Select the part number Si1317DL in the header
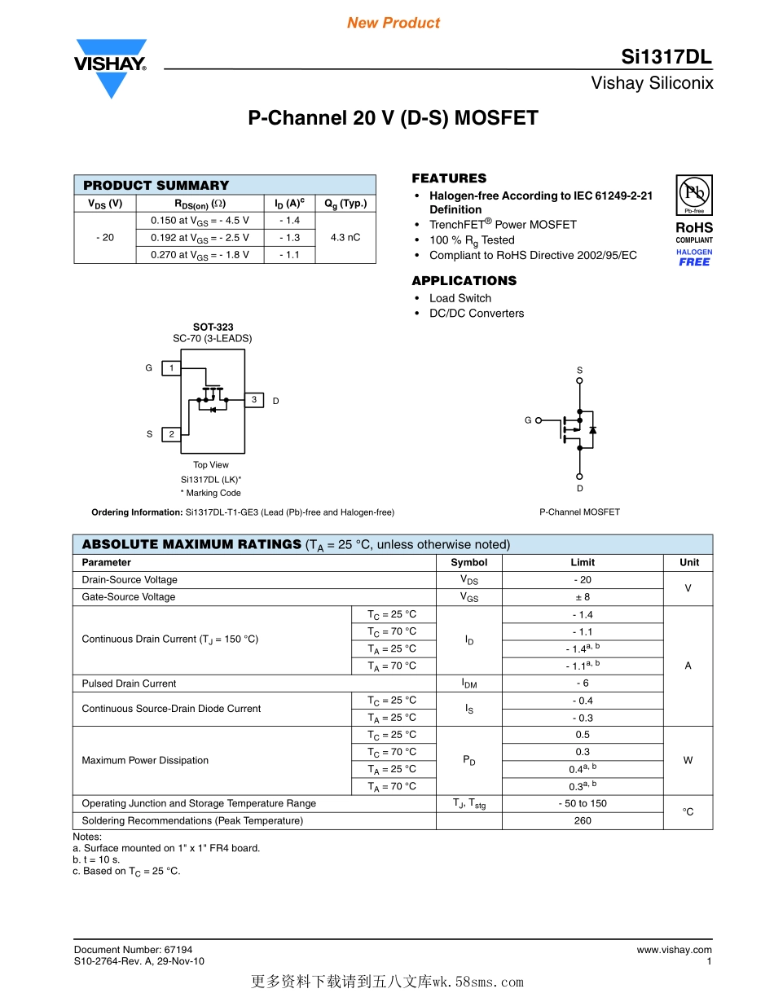click(666, 57)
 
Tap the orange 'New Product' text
click(394, 23)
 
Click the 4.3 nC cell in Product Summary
click(345, 238)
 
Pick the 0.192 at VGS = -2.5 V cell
click(200, 238)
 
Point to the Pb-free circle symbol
click(694, 193)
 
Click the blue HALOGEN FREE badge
click(694, 257)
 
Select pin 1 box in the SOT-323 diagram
click(171, 368)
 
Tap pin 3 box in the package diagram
click(254, 400)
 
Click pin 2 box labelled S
click(171, 434)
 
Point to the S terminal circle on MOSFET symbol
click(579, 380)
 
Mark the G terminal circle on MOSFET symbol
click(539, 420)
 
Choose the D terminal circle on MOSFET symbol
click(579, 477)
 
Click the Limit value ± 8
click(583, 597)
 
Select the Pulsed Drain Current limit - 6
click(583, 683)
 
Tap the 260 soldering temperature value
click(583, 820)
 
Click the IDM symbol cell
click(469, 683)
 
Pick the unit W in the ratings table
click(688, 760)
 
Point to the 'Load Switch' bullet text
click(460, 298)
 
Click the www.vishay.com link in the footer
click(674, 950)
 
